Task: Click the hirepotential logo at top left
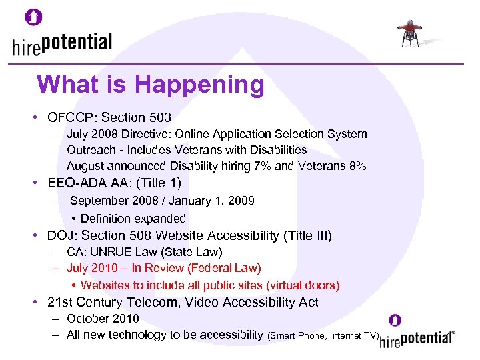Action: click(62, 45)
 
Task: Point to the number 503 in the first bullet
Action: click(160, 117)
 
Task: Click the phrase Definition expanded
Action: click(133, 218)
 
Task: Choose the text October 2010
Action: click(103, 319)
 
